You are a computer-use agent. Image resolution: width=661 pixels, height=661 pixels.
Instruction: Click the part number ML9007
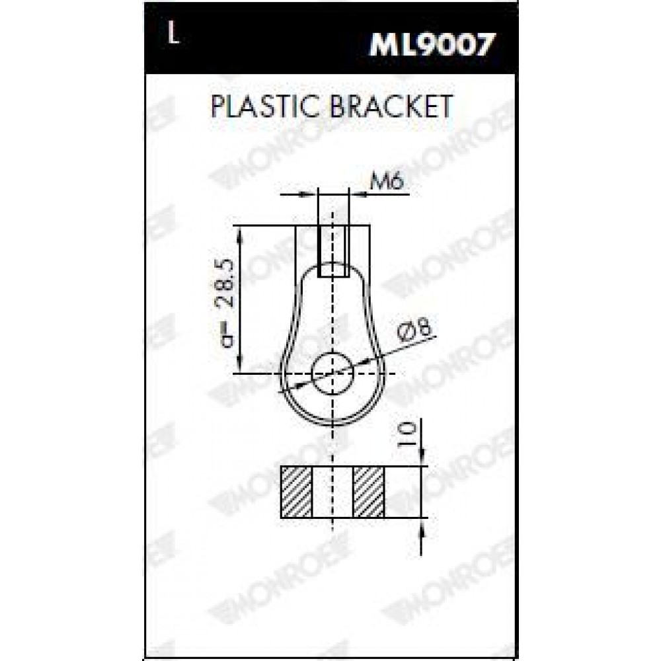[x=431, y=45]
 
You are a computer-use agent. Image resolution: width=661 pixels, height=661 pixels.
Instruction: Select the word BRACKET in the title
[x=391, y=106]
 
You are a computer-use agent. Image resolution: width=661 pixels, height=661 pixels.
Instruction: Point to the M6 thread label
[x=387, y=182]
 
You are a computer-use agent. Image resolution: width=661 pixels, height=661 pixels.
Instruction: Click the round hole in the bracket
[x=332, y=373]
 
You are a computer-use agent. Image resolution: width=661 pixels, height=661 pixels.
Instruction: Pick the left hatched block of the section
[x=296, y=492]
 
